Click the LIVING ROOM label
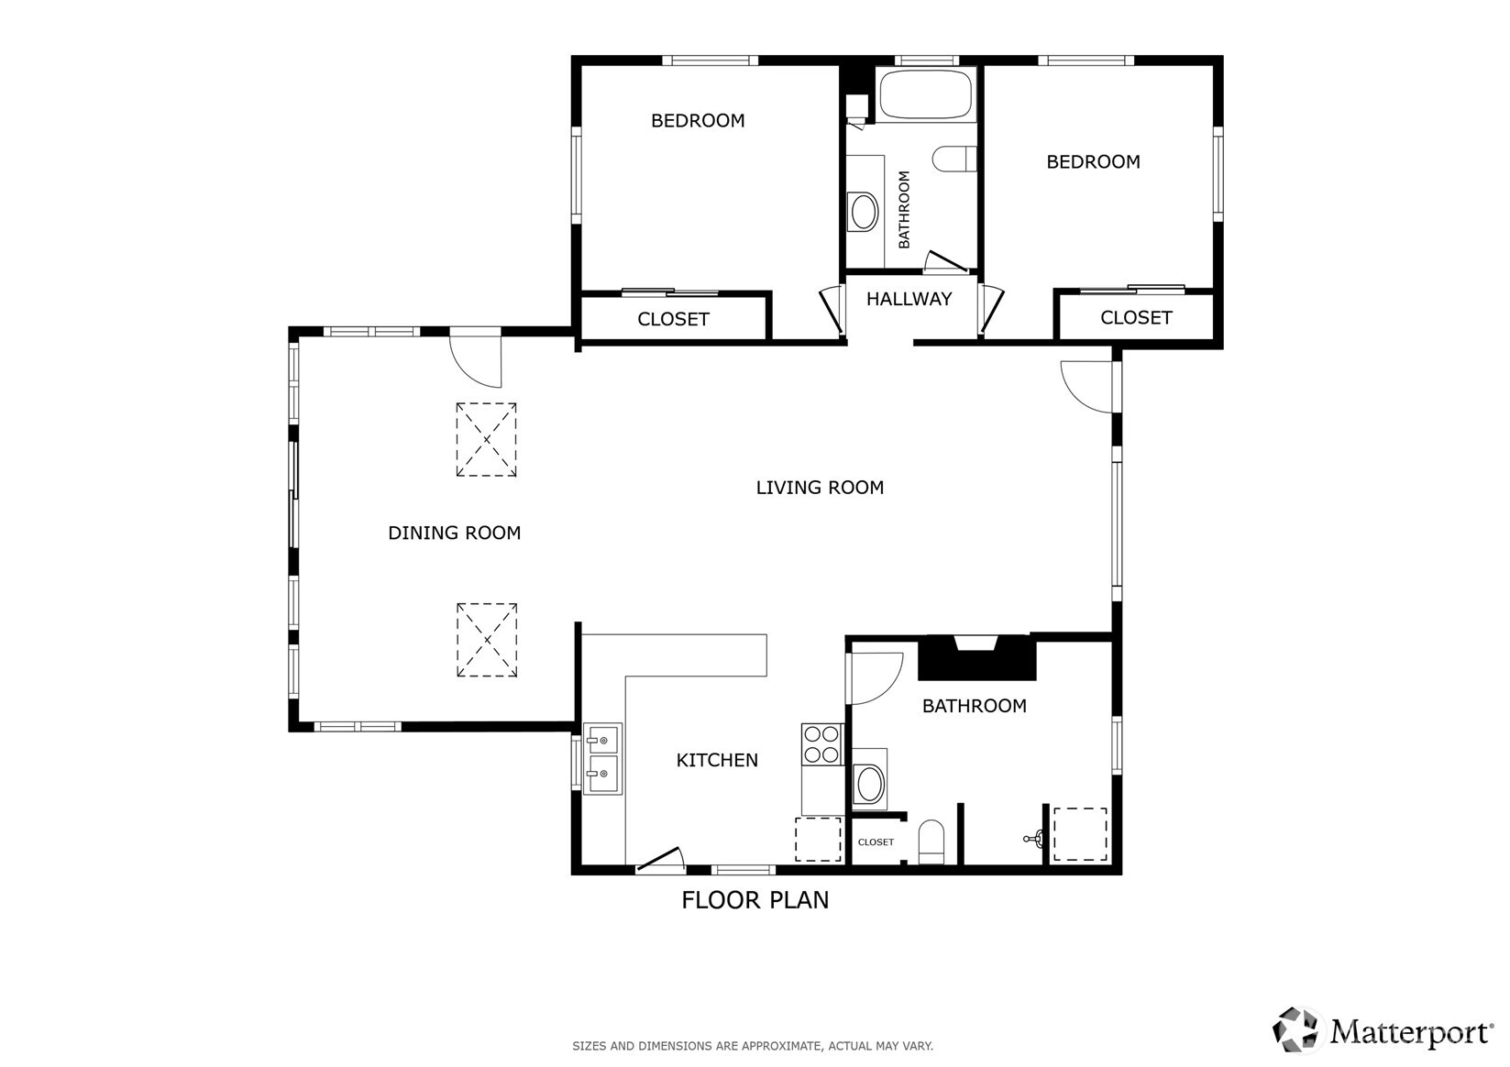819,488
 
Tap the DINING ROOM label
455,533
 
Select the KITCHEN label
717,760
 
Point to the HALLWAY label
909,299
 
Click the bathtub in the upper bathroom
927,95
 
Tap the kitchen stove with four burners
821,744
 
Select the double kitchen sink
602,759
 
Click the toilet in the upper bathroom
954,159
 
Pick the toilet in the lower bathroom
931,841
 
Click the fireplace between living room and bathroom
976,657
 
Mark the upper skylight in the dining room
486,439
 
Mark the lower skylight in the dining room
487,640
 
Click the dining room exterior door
476,357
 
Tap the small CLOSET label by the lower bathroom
876,841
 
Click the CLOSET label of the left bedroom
673,320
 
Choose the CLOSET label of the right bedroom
1136,317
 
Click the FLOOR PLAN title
755,900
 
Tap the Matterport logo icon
1295,1030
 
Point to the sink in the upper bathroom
864,212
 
